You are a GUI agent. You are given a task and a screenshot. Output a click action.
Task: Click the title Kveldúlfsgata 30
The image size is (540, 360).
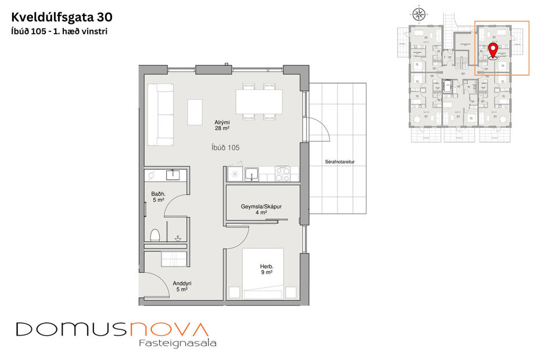click(59, 17)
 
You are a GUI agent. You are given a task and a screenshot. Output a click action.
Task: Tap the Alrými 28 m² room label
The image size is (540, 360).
click(222, 125)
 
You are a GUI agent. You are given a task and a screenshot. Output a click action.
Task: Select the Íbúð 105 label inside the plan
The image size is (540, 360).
click(225, 148)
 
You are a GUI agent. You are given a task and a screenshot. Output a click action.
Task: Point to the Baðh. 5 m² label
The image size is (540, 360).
click(158, 197)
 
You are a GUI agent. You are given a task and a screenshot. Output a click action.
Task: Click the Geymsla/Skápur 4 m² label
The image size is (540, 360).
click(261, 210)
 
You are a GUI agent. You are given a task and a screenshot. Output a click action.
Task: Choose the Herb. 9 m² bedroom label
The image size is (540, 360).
click(267, 269)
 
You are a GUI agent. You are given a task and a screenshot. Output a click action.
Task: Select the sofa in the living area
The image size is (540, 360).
click(161, 114)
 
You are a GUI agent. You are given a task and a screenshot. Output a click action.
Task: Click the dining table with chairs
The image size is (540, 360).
click(259, 102)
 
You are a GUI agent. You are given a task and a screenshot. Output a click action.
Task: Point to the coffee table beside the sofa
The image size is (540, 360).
click(195, 111)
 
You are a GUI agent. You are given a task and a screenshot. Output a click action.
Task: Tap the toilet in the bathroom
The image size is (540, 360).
click(155, 236)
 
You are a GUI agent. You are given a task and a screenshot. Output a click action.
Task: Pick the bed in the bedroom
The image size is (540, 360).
click(255, 273)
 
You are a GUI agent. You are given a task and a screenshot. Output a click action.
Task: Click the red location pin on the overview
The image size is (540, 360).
click(493, 51)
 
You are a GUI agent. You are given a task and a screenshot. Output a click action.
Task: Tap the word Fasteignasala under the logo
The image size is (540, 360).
click(178, 343)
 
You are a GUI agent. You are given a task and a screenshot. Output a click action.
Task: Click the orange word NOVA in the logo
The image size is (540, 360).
click(168, 329)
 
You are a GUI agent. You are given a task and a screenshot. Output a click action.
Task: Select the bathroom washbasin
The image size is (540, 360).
click(174, 174)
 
